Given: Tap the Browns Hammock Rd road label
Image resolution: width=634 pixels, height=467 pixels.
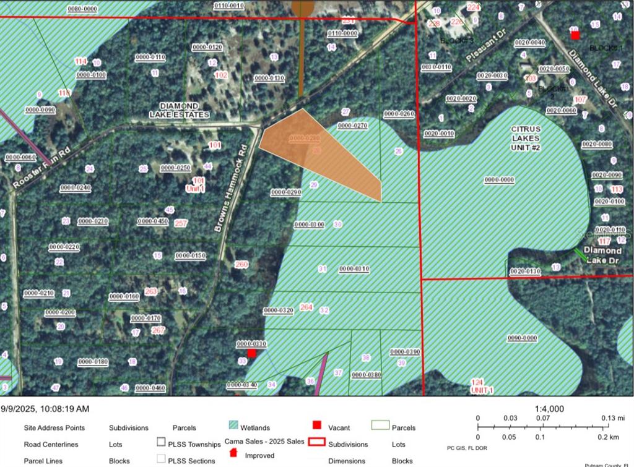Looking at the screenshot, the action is (230, 189).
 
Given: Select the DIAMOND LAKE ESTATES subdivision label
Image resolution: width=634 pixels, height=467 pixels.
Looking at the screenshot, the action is (179, 110).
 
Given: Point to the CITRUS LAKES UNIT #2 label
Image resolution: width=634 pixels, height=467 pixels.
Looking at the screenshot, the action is (526, 138).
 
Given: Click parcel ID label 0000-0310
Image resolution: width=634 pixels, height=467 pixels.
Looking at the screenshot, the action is (354, 269).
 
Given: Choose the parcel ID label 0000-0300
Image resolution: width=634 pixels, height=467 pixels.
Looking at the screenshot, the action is (308, 225).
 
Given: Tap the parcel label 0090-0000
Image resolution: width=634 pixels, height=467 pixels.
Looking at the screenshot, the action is (522, 338).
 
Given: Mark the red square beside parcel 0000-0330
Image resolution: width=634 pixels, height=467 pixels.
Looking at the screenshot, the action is (251, 353).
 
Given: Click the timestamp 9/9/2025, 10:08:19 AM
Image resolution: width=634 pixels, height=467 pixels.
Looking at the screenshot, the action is (45, 409).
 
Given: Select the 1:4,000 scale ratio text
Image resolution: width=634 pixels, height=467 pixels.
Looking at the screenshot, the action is (549, 409).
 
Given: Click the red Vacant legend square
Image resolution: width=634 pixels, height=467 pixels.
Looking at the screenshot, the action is (317, 426).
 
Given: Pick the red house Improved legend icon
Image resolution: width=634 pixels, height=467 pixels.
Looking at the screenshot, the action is (233, 453).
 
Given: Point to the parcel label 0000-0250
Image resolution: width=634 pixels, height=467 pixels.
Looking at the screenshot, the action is (175, 168).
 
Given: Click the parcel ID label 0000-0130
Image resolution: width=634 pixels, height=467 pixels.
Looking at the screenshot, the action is (269, 78).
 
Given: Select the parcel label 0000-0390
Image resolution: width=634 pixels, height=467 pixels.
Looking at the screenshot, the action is (405, 352).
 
